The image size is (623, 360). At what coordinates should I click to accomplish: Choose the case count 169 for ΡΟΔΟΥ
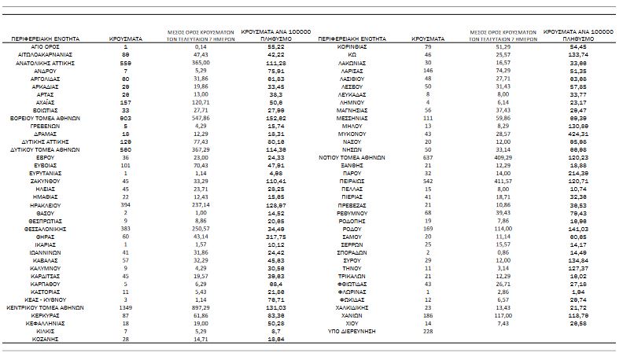pyautogui.click(x=428, y=228)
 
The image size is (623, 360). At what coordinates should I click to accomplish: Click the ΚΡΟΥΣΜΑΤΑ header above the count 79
pyautogui.click(x=428, y=37)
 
